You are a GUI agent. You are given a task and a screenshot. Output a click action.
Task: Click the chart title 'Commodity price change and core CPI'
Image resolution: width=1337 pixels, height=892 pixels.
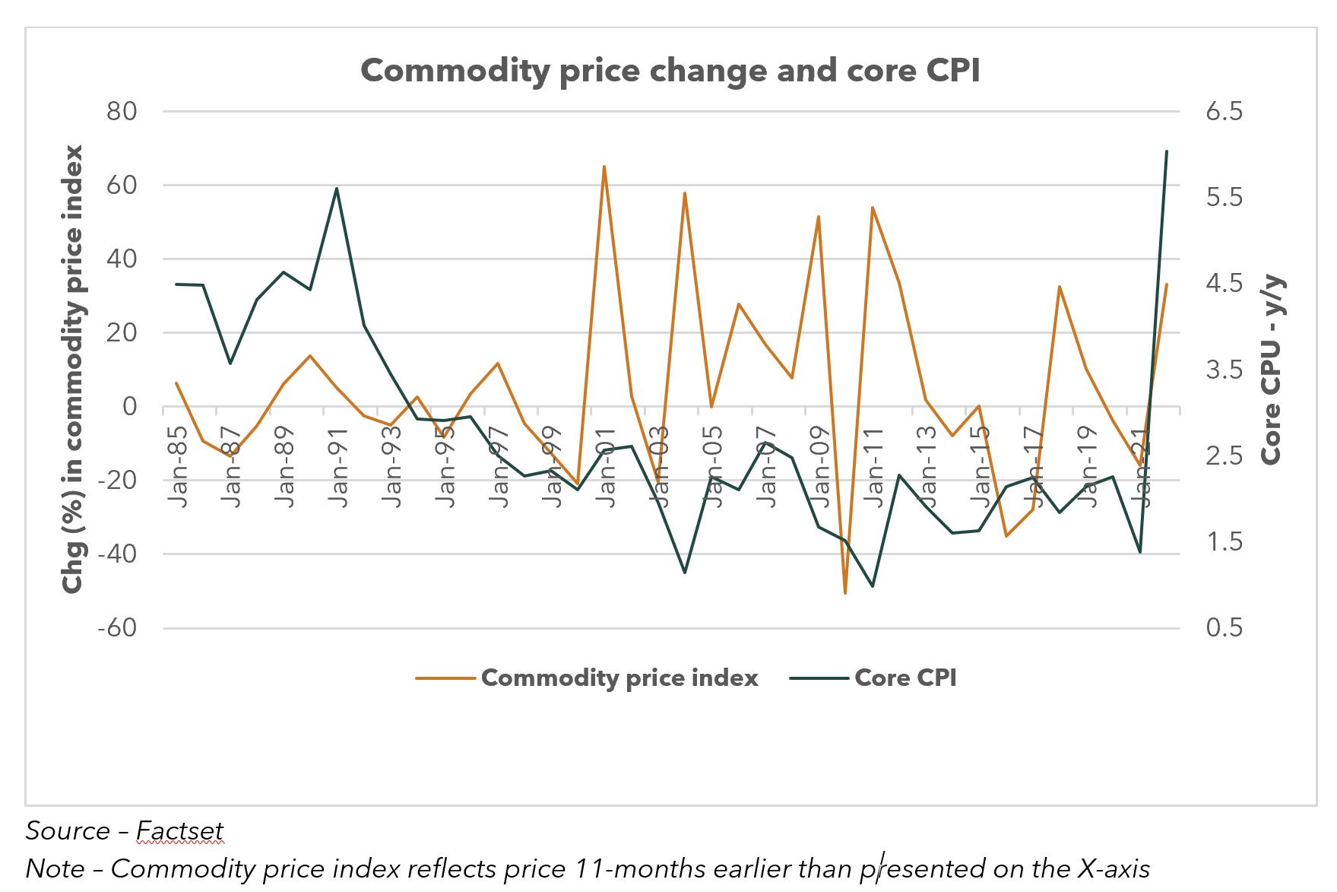[x=670, y=71]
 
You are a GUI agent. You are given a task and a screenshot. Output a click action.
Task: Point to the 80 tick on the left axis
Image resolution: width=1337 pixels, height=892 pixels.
[x=122, y=112]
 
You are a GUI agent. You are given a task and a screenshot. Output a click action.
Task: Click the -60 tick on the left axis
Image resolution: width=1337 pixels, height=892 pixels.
[x=117, y=628]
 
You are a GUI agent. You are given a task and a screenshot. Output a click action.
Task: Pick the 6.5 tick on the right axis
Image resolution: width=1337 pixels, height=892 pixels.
[x=1224, y=112]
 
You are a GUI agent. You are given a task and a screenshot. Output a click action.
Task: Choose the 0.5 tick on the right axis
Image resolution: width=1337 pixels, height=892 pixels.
[x=1224, y=628]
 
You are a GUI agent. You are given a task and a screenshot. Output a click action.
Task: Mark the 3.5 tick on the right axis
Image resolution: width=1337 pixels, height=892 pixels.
[x=1224, y=370]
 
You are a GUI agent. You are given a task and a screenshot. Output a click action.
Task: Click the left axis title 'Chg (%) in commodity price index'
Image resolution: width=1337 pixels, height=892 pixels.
[x=72, y=369]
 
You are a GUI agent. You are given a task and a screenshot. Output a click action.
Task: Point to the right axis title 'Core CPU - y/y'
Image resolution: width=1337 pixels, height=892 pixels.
[x=1272, y=370]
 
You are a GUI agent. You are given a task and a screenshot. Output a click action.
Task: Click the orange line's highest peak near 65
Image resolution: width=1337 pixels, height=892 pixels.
[x=604, y=167]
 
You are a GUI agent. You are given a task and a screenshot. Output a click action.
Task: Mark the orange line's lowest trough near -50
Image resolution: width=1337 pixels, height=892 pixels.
[x=845, y=592]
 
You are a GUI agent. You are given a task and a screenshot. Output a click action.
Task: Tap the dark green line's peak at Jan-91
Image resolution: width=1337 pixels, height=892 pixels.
[x=337, y=189]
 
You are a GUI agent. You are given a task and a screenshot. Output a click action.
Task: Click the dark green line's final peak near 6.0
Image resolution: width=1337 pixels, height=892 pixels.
[x=1167, y=151]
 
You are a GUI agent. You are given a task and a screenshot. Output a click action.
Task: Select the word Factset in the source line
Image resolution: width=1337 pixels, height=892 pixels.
[x=179, y=830]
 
